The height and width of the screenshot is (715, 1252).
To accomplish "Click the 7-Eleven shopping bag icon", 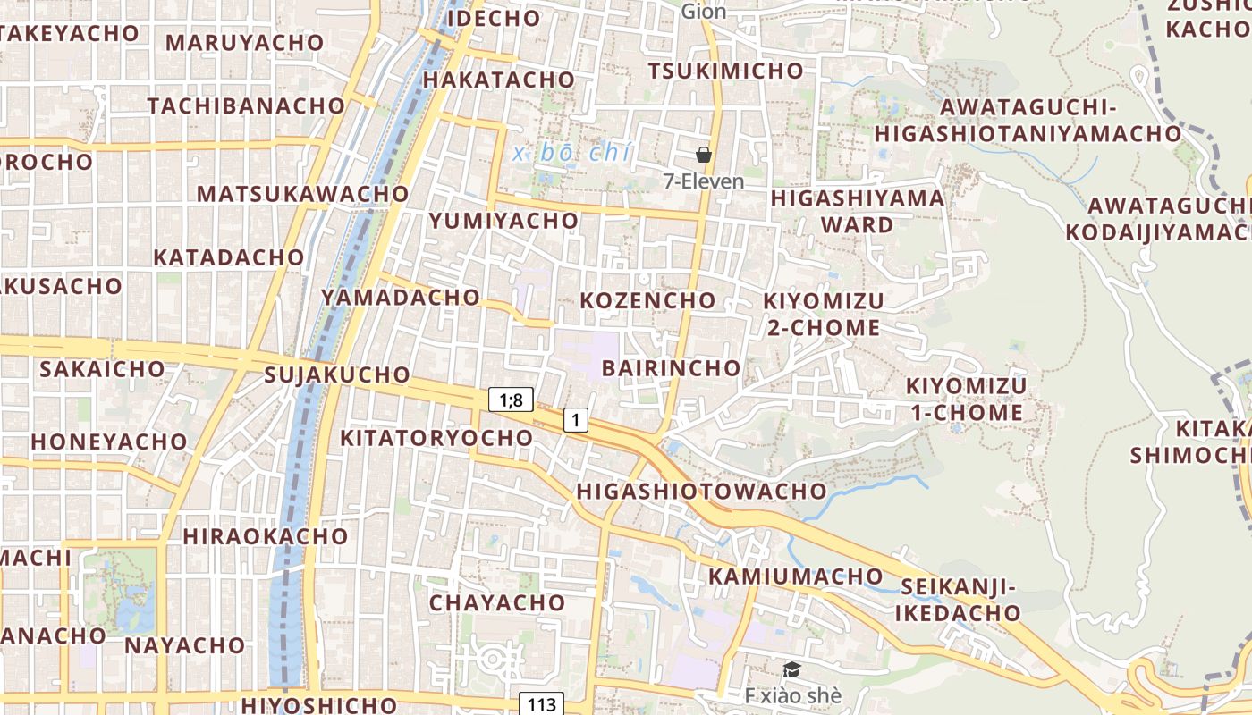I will pyautogui.click(x=704, y=155).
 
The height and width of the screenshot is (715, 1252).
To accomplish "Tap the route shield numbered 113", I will pyautogui.click(x=542, y=704).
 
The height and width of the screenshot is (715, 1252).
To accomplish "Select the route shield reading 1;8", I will pyautogui.click(x=511, y=400).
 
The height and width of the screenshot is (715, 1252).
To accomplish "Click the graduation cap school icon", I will pyautogui.click(x=791, y=669).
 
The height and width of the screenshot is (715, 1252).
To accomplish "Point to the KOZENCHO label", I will pyautogui.click(x=647, y=300).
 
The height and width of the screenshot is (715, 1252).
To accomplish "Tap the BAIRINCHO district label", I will pyautogui.click(x=671, y=368).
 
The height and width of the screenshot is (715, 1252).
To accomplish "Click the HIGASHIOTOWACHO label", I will pyautogui.click(x=701, y=491).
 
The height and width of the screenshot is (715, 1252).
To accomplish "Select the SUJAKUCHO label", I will pyautogui.click(x=337, y=374).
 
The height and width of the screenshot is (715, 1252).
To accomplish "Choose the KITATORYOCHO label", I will pyautogui.click(x=436, y=438).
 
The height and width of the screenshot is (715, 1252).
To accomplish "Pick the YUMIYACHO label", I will pyautogui.click(x=503, y=220).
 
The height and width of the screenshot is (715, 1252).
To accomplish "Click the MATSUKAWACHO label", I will pyautogui.click(x=302, y=194).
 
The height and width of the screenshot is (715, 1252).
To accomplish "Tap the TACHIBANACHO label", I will pyautogui.click(x=246, y=105).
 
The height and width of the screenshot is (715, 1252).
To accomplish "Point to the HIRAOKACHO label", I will pyautogui.click(x=265, y=536).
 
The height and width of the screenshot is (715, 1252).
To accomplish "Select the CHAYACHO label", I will pyautogui.click(x=497, y=602).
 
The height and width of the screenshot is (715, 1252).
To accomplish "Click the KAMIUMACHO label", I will pyautogui.click(x=796, y=576).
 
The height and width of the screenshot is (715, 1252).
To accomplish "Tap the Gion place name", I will pyautogui.click(x=703, y=12).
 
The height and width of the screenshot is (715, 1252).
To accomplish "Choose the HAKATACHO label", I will pyautogui.click(x=498, y=80).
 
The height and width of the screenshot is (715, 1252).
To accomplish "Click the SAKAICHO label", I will pyautogui.click(x=102, y=369).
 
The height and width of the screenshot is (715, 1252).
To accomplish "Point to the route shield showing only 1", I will pyautogui.click(x=576, y=419).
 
